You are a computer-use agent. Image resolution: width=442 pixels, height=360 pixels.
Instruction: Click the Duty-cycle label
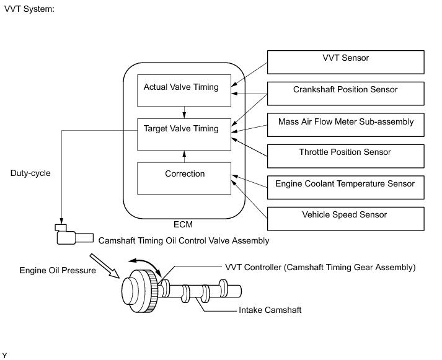tap(30, 173)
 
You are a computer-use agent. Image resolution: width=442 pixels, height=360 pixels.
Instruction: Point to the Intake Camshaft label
tap(270, 310)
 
